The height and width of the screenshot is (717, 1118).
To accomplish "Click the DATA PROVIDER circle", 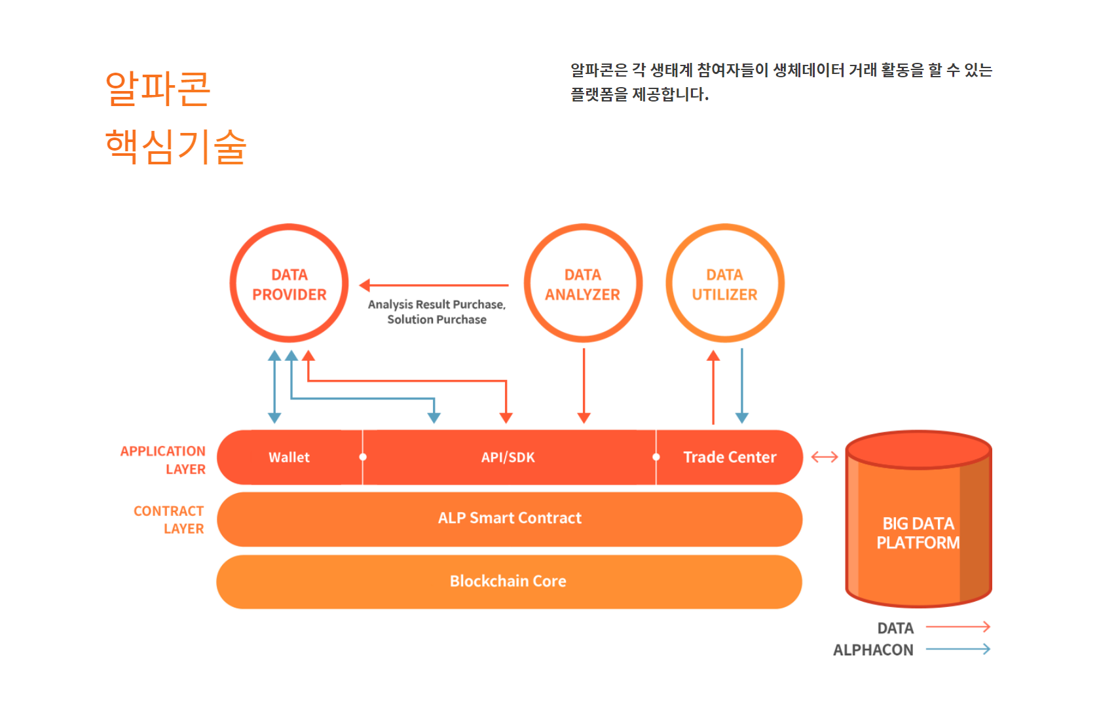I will pos(289,284).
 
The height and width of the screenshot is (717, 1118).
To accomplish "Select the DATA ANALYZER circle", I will pos(582,284).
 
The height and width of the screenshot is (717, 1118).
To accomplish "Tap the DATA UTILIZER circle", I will pos(724,284).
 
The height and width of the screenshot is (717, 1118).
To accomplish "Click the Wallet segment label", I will pos(289,457).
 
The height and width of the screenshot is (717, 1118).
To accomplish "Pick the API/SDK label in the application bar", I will pos(508,457).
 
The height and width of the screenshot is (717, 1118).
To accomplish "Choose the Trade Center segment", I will pos(730,457).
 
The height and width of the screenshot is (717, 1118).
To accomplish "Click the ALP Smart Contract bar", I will pos(510,519).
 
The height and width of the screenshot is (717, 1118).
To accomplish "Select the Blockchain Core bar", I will pos(508,581).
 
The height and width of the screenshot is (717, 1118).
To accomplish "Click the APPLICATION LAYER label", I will pos(163,460).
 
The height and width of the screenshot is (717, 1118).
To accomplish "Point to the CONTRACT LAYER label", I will pos(169,519).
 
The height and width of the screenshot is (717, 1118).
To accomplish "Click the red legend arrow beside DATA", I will pos(958,627).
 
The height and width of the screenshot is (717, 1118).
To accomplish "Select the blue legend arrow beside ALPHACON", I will pos(958,650).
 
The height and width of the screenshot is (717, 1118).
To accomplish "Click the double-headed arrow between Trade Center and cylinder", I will pos(825,457).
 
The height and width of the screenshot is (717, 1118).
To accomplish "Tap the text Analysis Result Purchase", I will pos(436,304).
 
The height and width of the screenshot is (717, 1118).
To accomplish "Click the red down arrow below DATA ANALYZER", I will pos(584,386).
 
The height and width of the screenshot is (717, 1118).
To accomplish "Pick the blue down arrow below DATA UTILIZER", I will pos(741,386).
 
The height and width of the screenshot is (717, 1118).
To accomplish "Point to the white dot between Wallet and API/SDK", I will pos(363,457).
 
